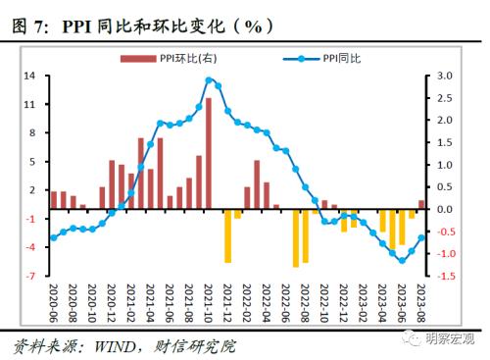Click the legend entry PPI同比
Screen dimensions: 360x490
[338, 59]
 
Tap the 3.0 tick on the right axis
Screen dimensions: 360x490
[444, 76]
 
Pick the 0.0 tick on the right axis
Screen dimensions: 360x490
[444, 209]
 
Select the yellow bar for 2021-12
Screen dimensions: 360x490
[228, 235]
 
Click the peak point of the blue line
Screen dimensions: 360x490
[209, 80]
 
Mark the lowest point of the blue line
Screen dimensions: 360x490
[402, 260]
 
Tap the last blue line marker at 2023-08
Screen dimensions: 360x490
[422, 237]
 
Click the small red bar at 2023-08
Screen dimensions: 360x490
[422, 205]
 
